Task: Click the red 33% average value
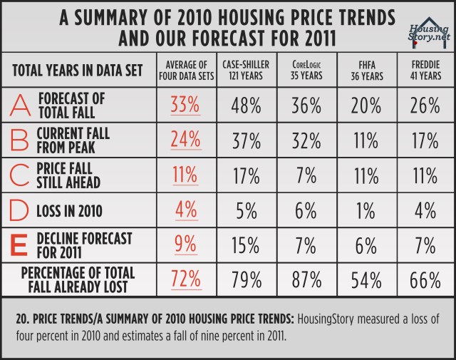click(185, 106)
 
